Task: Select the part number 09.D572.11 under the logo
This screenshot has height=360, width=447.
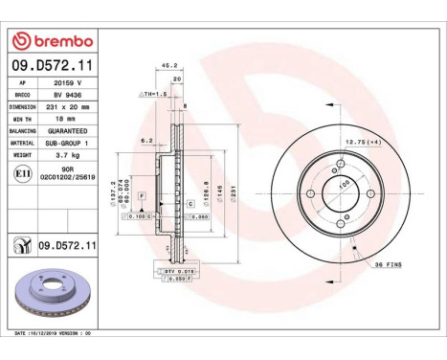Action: pyautogui.click(x=53, y=65)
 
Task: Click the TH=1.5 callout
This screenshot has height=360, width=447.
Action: pyautogui.click(x=153, y=95)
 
